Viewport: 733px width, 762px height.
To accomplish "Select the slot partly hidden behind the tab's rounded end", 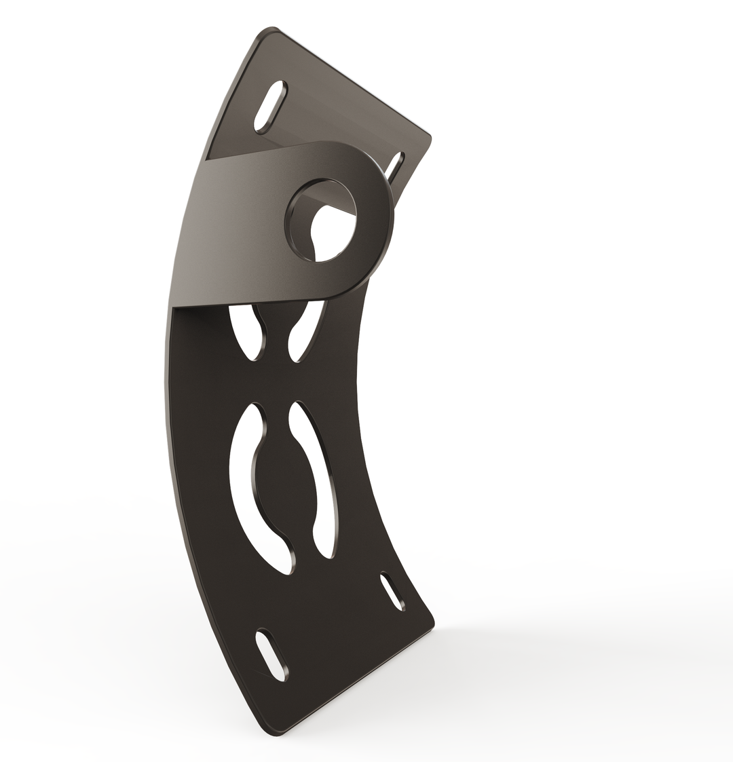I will coord(394,167).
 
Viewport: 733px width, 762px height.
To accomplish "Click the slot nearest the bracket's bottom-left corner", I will coord(271,655).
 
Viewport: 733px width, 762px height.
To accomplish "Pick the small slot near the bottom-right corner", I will coord(393,590).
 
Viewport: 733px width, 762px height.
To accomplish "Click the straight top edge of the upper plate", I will coord(353,81).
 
